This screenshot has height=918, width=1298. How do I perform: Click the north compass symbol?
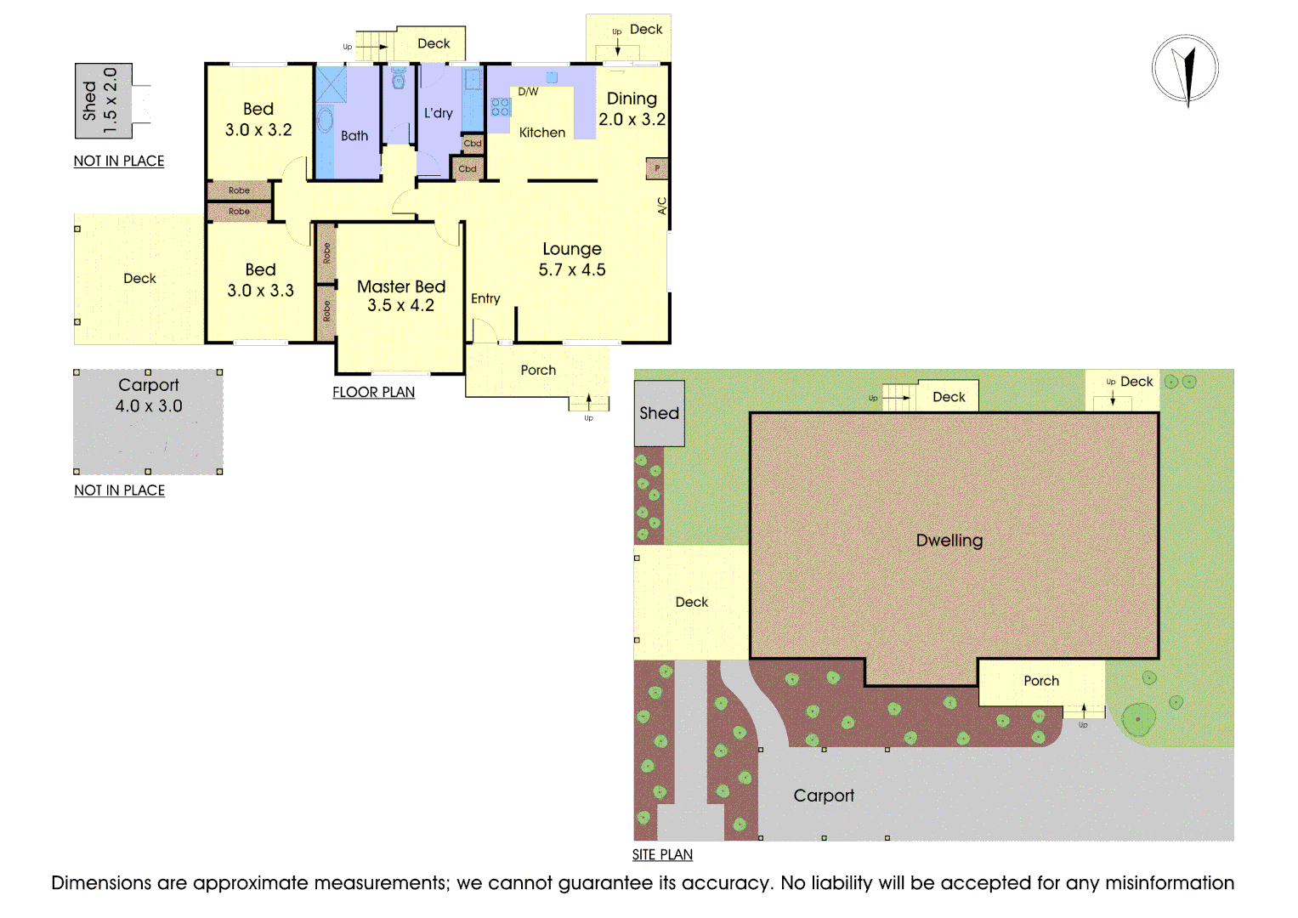(x=1185, y=70)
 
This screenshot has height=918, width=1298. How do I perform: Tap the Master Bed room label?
(x=400, y=296)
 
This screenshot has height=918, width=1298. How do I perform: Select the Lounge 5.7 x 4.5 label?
(x=572, y=259)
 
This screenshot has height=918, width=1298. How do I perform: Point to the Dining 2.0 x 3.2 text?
(x=632, y=109)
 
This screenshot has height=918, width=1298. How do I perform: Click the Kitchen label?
(x=542, y=133)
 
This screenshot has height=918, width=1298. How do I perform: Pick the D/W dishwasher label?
(x=528, y=92)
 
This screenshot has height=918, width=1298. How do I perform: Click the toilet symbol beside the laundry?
(x=399, y=80)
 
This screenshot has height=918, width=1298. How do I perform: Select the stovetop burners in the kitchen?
(x=501, y=107)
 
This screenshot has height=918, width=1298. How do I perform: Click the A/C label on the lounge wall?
(x=662, y=206)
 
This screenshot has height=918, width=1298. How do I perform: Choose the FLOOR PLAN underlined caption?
(x=373, y=392)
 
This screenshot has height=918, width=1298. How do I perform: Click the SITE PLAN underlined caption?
(x=662, y=854)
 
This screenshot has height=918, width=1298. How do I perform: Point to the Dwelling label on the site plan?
(x=949, y=541)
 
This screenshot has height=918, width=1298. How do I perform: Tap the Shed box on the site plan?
(x=660, y=413)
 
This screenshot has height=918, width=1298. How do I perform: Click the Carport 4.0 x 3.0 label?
(x=149, y=395)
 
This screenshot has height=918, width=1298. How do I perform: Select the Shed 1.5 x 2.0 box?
(x=103, y=100)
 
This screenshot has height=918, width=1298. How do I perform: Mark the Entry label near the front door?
(x=485, y=298)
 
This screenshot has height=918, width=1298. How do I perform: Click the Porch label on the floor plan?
(x=538, y=371)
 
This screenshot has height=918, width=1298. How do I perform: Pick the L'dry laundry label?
(x=439, y=113)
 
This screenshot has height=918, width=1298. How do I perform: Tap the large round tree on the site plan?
(x=1138, y=719)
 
